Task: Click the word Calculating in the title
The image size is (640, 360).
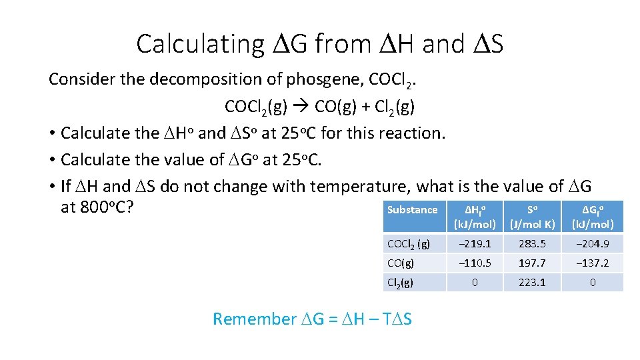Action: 200,44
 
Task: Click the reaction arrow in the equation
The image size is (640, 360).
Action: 303,106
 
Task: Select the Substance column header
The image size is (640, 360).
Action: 412,210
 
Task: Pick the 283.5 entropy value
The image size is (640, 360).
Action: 532,244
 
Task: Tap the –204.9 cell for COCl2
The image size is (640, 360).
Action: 592,244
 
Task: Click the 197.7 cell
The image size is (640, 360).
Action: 532,263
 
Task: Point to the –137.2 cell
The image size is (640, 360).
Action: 592,263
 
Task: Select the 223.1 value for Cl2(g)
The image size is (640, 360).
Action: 532,283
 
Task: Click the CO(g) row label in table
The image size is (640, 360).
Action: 400,263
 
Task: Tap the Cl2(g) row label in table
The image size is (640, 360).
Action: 400,283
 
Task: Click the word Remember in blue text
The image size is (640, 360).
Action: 253,319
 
